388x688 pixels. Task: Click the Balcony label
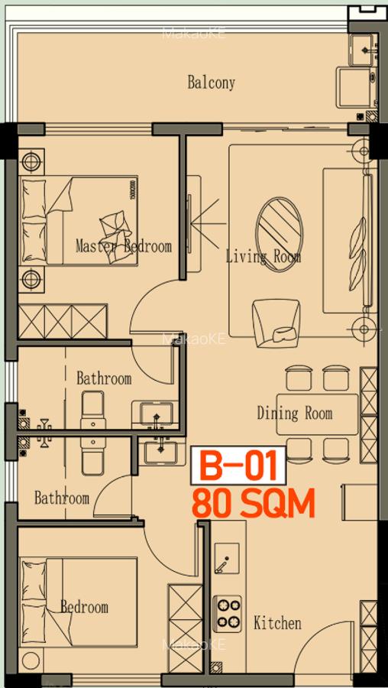211,83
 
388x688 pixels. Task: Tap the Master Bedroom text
123,246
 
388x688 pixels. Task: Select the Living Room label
263,257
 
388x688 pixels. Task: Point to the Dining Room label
294,414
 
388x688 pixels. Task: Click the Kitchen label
277,623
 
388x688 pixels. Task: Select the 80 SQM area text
253,504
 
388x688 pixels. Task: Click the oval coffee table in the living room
279,229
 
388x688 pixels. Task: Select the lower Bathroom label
61,498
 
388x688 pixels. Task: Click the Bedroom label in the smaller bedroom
84,607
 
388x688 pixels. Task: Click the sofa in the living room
349,241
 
